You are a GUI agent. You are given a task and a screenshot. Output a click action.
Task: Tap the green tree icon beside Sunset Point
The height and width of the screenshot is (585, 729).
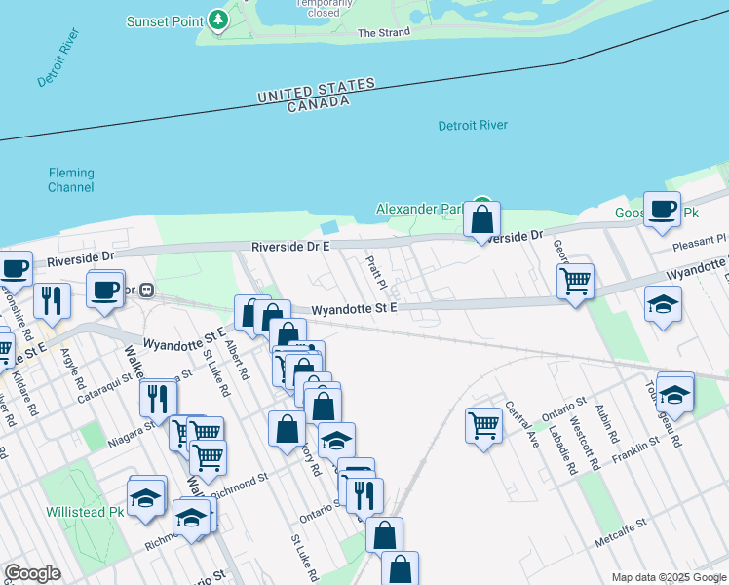coord(220,19)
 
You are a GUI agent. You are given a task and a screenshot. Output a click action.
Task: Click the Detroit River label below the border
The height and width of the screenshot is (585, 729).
coord(473,126)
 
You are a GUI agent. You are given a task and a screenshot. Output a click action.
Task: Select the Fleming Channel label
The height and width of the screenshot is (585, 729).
coord(71,180)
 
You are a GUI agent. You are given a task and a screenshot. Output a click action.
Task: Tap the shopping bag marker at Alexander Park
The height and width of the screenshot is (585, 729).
coord(481,218)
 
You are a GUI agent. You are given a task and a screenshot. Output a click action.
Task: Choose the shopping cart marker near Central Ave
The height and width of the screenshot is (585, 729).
coord(483,424)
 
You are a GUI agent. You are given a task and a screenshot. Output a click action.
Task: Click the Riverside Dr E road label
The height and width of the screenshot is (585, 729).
coord(290,247)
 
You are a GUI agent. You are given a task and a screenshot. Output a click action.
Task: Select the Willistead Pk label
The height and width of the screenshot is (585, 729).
coord(85,512)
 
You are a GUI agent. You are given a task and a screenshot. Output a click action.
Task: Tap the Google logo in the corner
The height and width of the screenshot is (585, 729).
coord(32,573)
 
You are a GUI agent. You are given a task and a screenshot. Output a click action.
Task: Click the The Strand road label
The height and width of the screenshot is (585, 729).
coord(384,33)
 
